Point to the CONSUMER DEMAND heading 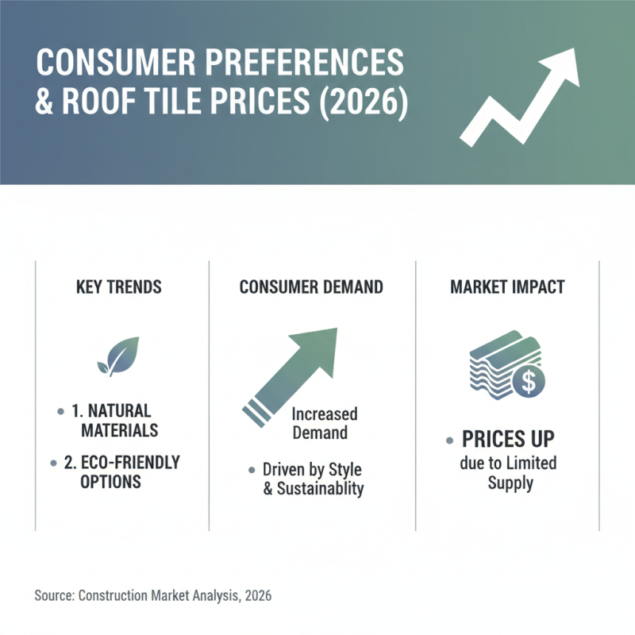point(311,287)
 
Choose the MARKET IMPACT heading point(507,287)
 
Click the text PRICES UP point(509,440)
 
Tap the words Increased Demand point(324,423)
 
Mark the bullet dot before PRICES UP point(450,440)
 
